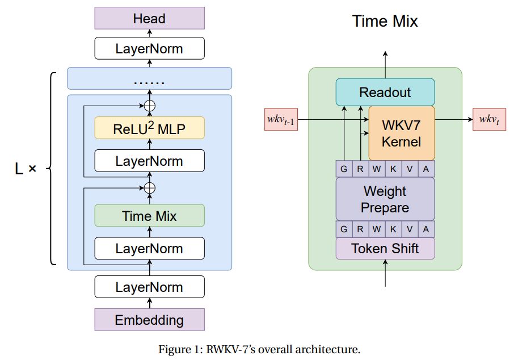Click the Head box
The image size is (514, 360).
149,19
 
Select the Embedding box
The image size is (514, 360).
149,320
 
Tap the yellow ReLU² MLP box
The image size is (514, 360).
149,128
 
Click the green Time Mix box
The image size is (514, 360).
149,216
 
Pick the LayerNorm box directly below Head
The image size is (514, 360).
149,48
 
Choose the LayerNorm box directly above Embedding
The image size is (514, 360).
149,287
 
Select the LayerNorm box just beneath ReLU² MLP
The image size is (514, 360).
149,161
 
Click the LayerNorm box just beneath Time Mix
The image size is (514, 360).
149,248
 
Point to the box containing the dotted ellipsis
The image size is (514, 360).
149,78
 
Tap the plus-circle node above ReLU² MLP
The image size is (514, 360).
149,105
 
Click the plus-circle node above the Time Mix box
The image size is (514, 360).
149,187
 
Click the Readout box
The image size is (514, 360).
385,92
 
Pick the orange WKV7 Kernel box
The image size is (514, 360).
402,133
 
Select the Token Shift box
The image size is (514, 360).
385,248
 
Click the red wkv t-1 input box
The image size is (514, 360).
281,119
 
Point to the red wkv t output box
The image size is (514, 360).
489,119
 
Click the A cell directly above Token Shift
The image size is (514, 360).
426,229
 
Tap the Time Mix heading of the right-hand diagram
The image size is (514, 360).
385,22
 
